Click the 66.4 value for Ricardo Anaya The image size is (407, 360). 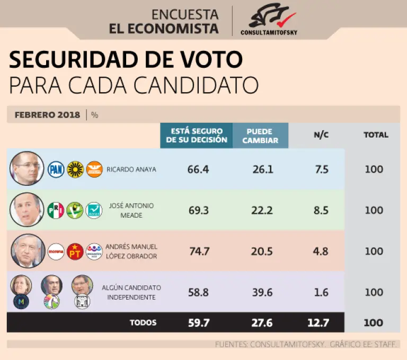[x=198, y=169]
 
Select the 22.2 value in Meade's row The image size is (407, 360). [x=262, y=210]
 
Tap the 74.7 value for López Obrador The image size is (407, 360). [x=198, y=251]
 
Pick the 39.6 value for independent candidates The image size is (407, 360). [x=262, y=292]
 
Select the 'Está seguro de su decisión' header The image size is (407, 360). [x=197, y=136]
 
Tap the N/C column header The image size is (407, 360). [x=321, y=135]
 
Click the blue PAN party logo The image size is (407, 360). [x=56, y=169]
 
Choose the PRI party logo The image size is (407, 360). [x=56, y=210]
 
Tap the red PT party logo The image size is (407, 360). [x=75, y=251]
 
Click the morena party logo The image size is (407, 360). [x=56, y=251]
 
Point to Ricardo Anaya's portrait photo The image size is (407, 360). [x=26, y=169]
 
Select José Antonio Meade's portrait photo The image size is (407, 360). [x=26, y=210]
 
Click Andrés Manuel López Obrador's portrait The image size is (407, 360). [x=26, y=251]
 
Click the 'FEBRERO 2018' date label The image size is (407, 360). [x=47, y=114]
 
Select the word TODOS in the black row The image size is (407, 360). [x=143, y=322]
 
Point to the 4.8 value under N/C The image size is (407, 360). [x=321, y=251]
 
